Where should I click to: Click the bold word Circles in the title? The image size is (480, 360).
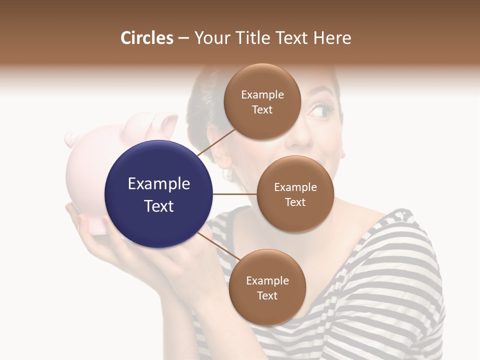pos(146,38)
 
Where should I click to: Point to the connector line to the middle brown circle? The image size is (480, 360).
pos(235,194)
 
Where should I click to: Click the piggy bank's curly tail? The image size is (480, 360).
pos(72,138)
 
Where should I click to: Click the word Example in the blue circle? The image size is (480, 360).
pos(159,184)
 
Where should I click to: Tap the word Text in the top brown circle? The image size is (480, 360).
pos(262,110)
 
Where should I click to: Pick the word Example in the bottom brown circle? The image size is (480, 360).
pos(267,280)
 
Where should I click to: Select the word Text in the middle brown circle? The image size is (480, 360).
pos(295,202)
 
